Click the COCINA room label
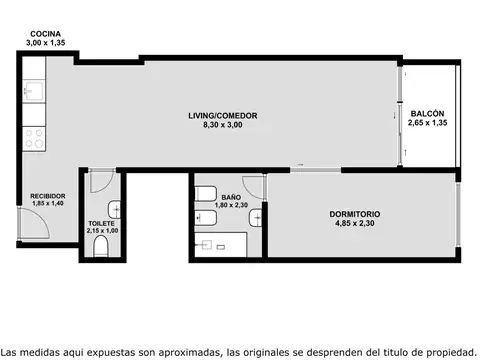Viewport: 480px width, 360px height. point(45,34)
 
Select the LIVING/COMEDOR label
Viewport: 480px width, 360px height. point(222,116)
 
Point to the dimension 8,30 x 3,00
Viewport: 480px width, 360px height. point(222,127)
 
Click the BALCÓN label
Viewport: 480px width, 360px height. point(427,114)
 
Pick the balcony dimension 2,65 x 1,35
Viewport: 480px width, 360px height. point(427,124)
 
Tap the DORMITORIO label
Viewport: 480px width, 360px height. point(354,214)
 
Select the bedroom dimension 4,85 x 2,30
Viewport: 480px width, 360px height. point(354,225)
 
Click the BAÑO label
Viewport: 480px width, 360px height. point(231,197)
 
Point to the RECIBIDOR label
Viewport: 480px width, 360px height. point(47,196)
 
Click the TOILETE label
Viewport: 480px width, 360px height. point(102,223)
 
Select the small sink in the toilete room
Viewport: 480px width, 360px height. point(115,209)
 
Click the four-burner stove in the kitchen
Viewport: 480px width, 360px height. point(34,135)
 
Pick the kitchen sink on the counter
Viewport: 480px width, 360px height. point(33,95)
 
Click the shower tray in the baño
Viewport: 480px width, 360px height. point(221,244)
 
